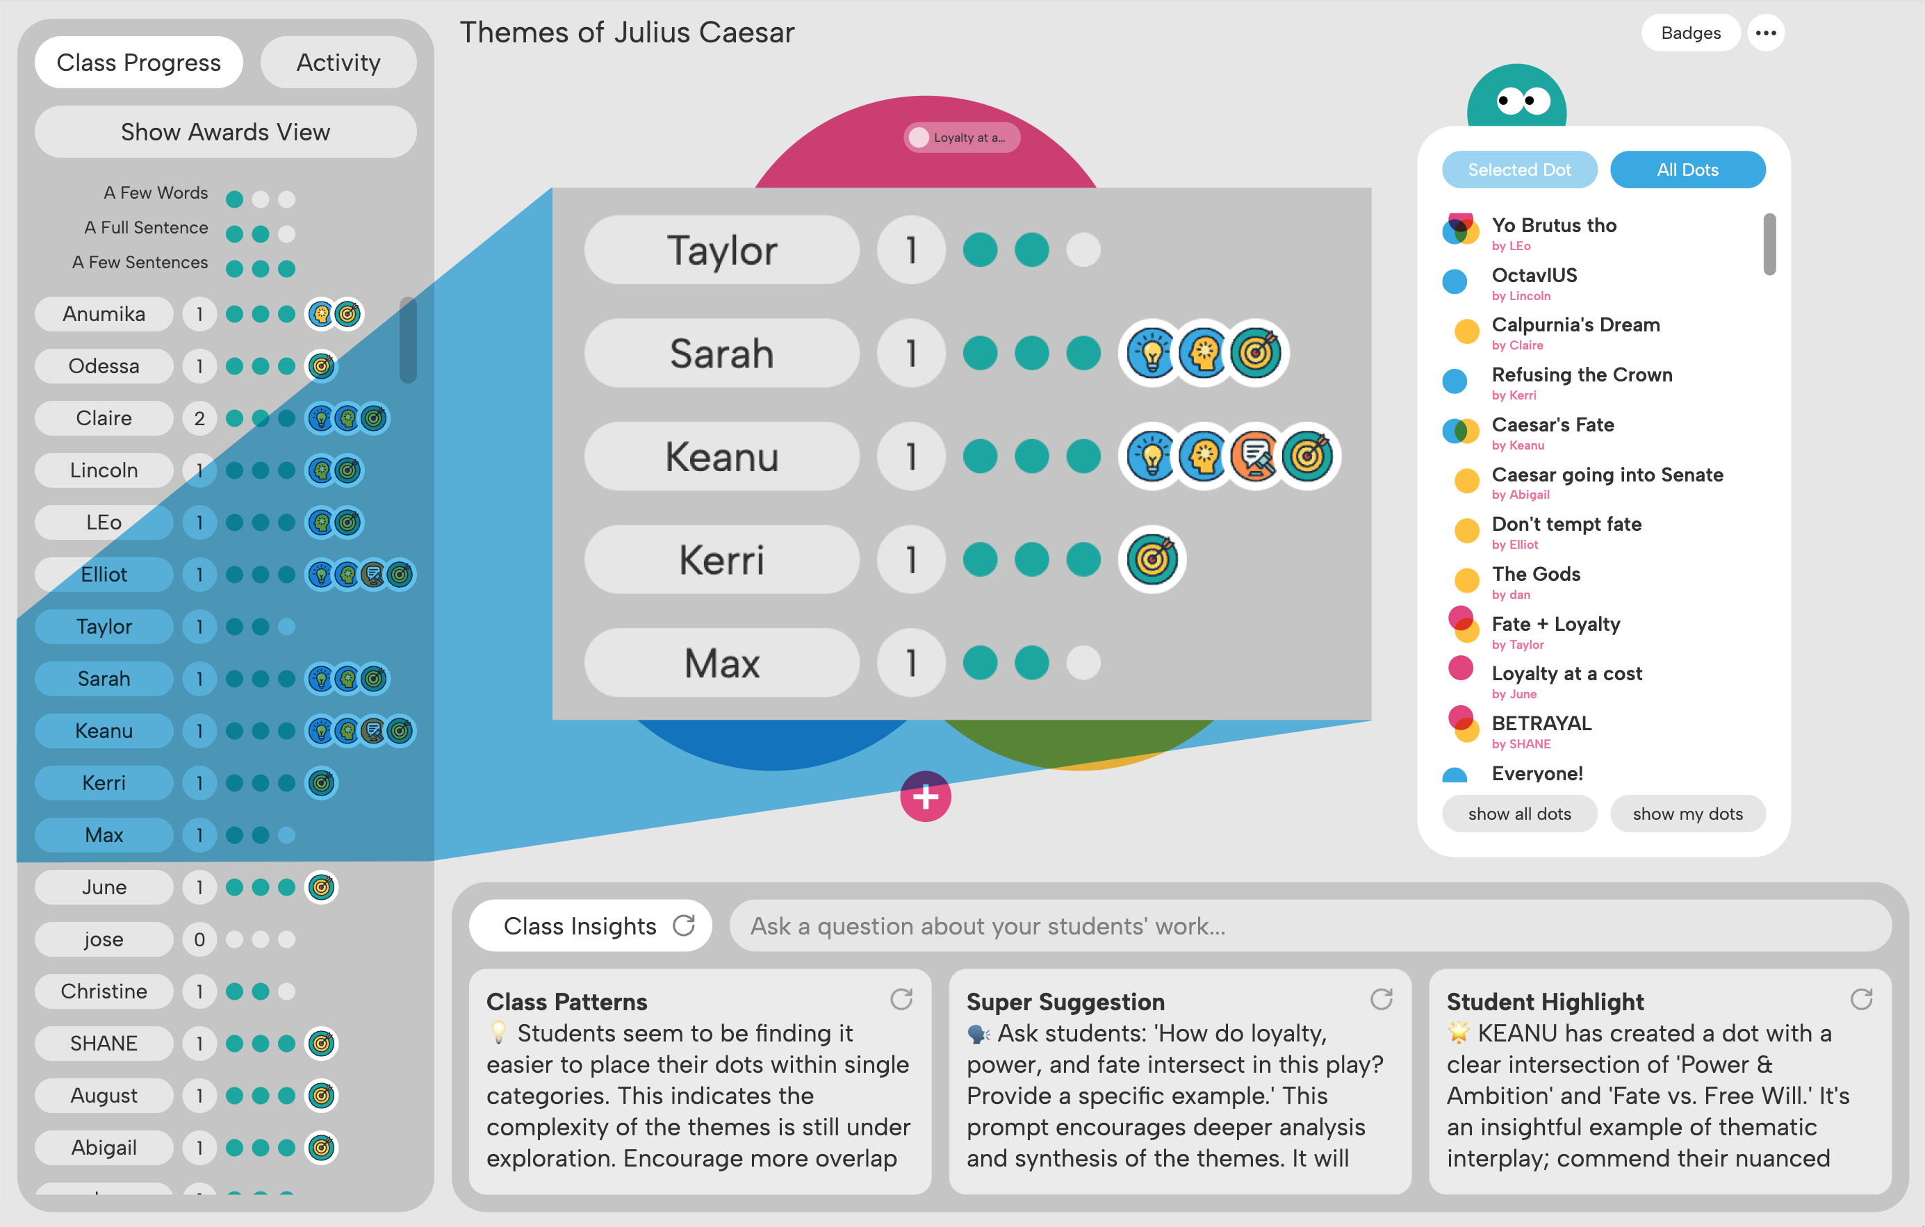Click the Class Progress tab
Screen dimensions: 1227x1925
[138, 63]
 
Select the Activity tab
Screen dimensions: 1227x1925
[338, 63]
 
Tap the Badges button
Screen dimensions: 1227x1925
[1690, 33]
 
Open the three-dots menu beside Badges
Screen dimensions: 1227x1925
[1765, 33]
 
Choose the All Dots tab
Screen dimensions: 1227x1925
[1687, 170]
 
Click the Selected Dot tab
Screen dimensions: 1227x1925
[1519, 170]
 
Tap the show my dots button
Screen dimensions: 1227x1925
[1687, 814]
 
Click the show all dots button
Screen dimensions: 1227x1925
[1519, 814]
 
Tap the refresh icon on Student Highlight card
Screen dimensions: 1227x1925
[1861, 999]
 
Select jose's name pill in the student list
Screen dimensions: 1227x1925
[104, 939]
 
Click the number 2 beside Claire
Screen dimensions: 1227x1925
[199, 418]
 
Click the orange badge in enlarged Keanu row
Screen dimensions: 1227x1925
[1254, 456]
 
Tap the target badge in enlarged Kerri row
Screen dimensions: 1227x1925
[1152, 559]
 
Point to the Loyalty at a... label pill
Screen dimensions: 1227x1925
[962, 138]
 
